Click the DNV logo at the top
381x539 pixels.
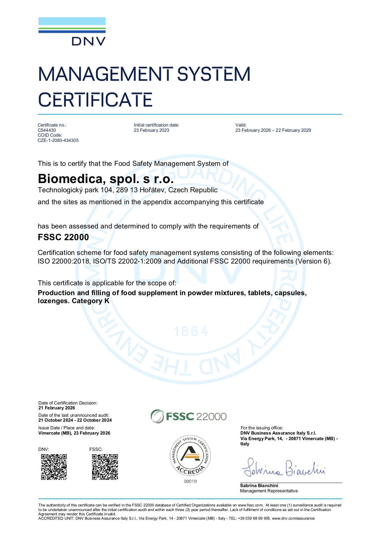coord(72,31)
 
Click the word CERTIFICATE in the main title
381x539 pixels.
coord(95,100)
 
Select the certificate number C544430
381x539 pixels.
coord(47,130)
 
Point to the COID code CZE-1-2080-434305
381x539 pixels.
coord(58,140)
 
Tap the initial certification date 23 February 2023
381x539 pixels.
coord(151,130)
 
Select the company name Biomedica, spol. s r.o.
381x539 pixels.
coord(106,179)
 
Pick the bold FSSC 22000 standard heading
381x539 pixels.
coord(63,237)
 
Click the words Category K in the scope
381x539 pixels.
coord(91,301)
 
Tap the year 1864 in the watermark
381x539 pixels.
coord(191,332)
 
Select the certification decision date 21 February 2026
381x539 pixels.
coord(57,408)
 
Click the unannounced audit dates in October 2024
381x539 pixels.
coord(75,420)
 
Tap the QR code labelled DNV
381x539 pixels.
coord(54,467)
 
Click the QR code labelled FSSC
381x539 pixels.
coord(105,467)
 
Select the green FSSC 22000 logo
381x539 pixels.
coord(189,416)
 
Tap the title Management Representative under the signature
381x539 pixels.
coord(269,491)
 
